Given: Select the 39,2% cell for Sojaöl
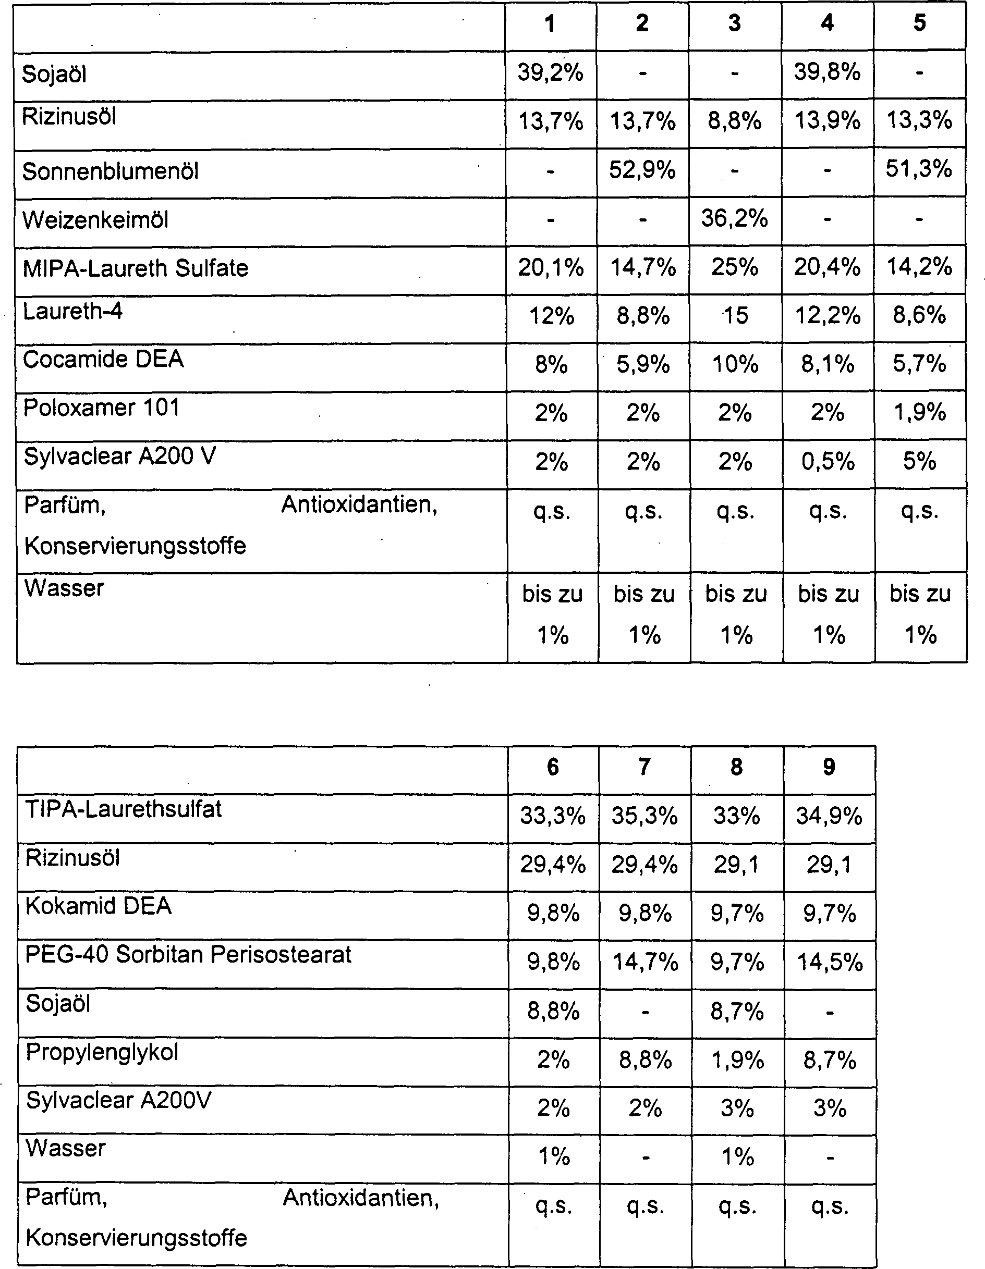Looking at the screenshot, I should coord(550,72).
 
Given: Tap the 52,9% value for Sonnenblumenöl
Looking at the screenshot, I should coord(642,170).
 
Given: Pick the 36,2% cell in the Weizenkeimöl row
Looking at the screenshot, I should coord(734,218).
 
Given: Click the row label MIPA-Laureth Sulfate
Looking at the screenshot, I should coord(136,268).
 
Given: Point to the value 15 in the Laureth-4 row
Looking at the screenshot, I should coord(735,316).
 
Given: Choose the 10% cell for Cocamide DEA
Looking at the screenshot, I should coord(735,365).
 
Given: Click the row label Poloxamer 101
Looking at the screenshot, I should coord(101,408).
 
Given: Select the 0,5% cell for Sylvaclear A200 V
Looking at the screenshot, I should coord(828,462).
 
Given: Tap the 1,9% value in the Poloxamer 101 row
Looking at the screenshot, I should coord(919,413).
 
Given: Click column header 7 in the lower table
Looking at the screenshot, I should coord(644,768).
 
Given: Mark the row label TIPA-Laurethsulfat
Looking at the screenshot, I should coord(123,809).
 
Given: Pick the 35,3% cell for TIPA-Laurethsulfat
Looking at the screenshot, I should coord(644,816).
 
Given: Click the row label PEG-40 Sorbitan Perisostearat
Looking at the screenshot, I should coord(188,955).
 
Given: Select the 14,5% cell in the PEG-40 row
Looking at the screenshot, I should coord(830,962).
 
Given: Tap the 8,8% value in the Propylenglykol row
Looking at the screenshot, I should coord(645,1061).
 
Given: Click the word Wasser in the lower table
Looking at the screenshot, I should coord(66,1148).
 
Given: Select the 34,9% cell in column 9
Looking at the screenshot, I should coord(829,816).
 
